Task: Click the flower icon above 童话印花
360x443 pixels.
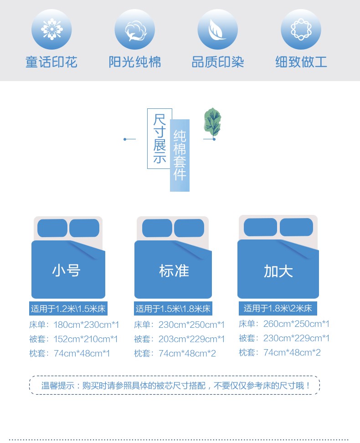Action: pyautogui.click(x=51, y=29)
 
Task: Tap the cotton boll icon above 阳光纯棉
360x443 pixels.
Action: pyautogui.click(x=134, y=30)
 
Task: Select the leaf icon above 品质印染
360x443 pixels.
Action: pyautogui.click(x=217, y=30)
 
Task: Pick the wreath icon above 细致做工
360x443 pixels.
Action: pyautogui.click(x=301, y=30)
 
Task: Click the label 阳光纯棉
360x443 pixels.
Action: pyautogui.click(x=135, y=62)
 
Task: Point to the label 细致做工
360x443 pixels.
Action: pyautogui.click(x=301, y=62)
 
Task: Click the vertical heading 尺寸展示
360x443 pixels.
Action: pyautogui.click(x=159, y=138)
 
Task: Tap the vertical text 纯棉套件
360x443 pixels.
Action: pyautogui.click(x=180, y=155)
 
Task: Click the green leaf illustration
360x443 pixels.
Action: pyautogui.click(x=212, y=122)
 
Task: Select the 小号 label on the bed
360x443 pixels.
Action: pyautogui.click(x=67, y=270)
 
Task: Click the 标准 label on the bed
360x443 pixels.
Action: pyautogui.click(x=174, y=270)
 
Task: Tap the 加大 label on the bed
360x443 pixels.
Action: pyautogui.click(x=278, y=271)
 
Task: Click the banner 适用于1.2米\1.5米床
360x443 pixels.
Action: pyautogui.click(x=68, y=309)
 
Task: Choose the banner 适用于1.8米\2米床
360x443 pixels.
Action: pyautogui.click(x=278, y=308)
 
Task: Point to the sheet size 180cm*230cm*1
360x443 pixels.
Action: pyautogui.click(x=86, y=325)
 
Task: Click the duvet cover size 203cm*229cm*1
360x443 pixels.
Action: pyautogui.click(x=191, y=339)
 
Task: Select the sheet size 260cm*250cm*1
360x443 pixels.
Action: pyautogui.click(x=296, y=324)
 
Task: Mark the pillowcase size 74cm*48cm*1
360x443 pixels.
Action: pyautogui.click(x=82, y=353)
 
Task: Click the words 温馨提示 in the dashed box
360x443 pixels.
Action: pyautogui.click(x=58, y=385)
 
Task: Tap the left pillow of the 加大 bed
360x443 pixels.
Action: pyautogui.click(x=261, y=227)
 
